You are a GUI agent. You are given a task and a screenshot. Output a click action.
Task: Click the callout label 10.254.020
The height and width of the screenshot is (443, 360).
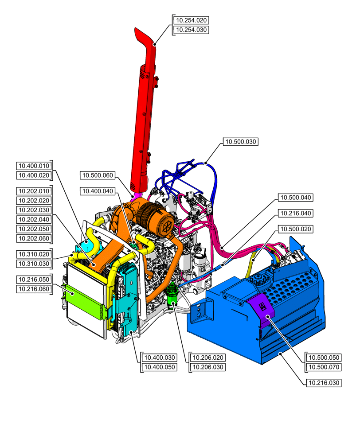click(x=191, y=20)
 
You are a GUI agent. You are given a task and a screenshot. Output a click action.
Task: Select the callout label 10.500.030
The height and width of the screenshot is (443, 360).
click(x=240, y=142)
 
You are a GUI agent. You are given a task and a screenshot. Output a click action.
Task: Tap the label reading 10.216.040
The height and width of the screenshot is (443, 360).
click(x=296, y=214)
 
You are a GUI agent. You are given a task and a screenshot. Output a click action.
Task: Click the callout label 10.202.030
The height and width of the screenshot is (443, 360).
click(x=34, y=210)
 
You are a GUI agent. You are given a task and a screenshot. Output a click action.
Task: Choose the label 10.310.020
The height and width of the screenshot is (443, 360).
click(x=34, y=254)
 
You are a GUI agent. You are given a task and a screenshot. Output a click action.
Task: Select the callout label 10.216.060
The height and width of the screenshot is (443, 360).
click(x=34, y=289)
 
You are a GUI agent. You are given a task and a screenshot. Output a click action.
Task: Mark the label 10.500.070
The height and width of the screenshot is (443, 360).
click(x=324, y=367)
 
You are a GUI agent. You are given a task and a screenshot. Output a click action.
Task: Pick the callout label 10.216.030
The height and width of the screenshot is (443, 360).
click(x=324, y=383)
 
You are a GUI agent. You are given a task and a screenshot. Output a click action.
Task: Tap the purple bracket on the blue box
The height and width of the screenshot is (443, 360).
click(x=262, y=310)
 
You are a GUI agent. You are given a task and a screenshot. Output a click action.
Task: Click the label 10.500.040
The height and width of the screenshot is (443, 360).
click(x=296, y=197)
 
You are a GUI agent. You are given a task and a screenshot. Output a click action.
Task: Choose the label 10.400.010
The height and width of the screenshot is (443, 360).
click(x=34, y=166)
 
